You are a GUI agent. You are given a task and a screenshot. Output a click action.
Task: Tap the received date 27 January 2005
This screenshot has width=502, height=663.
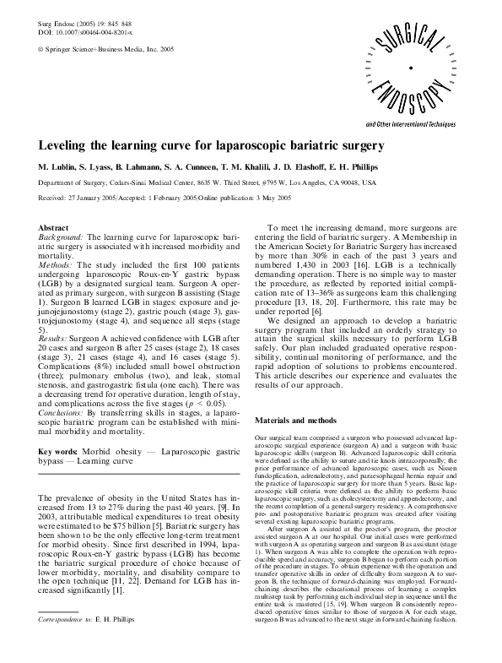[x=97, y=198]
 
